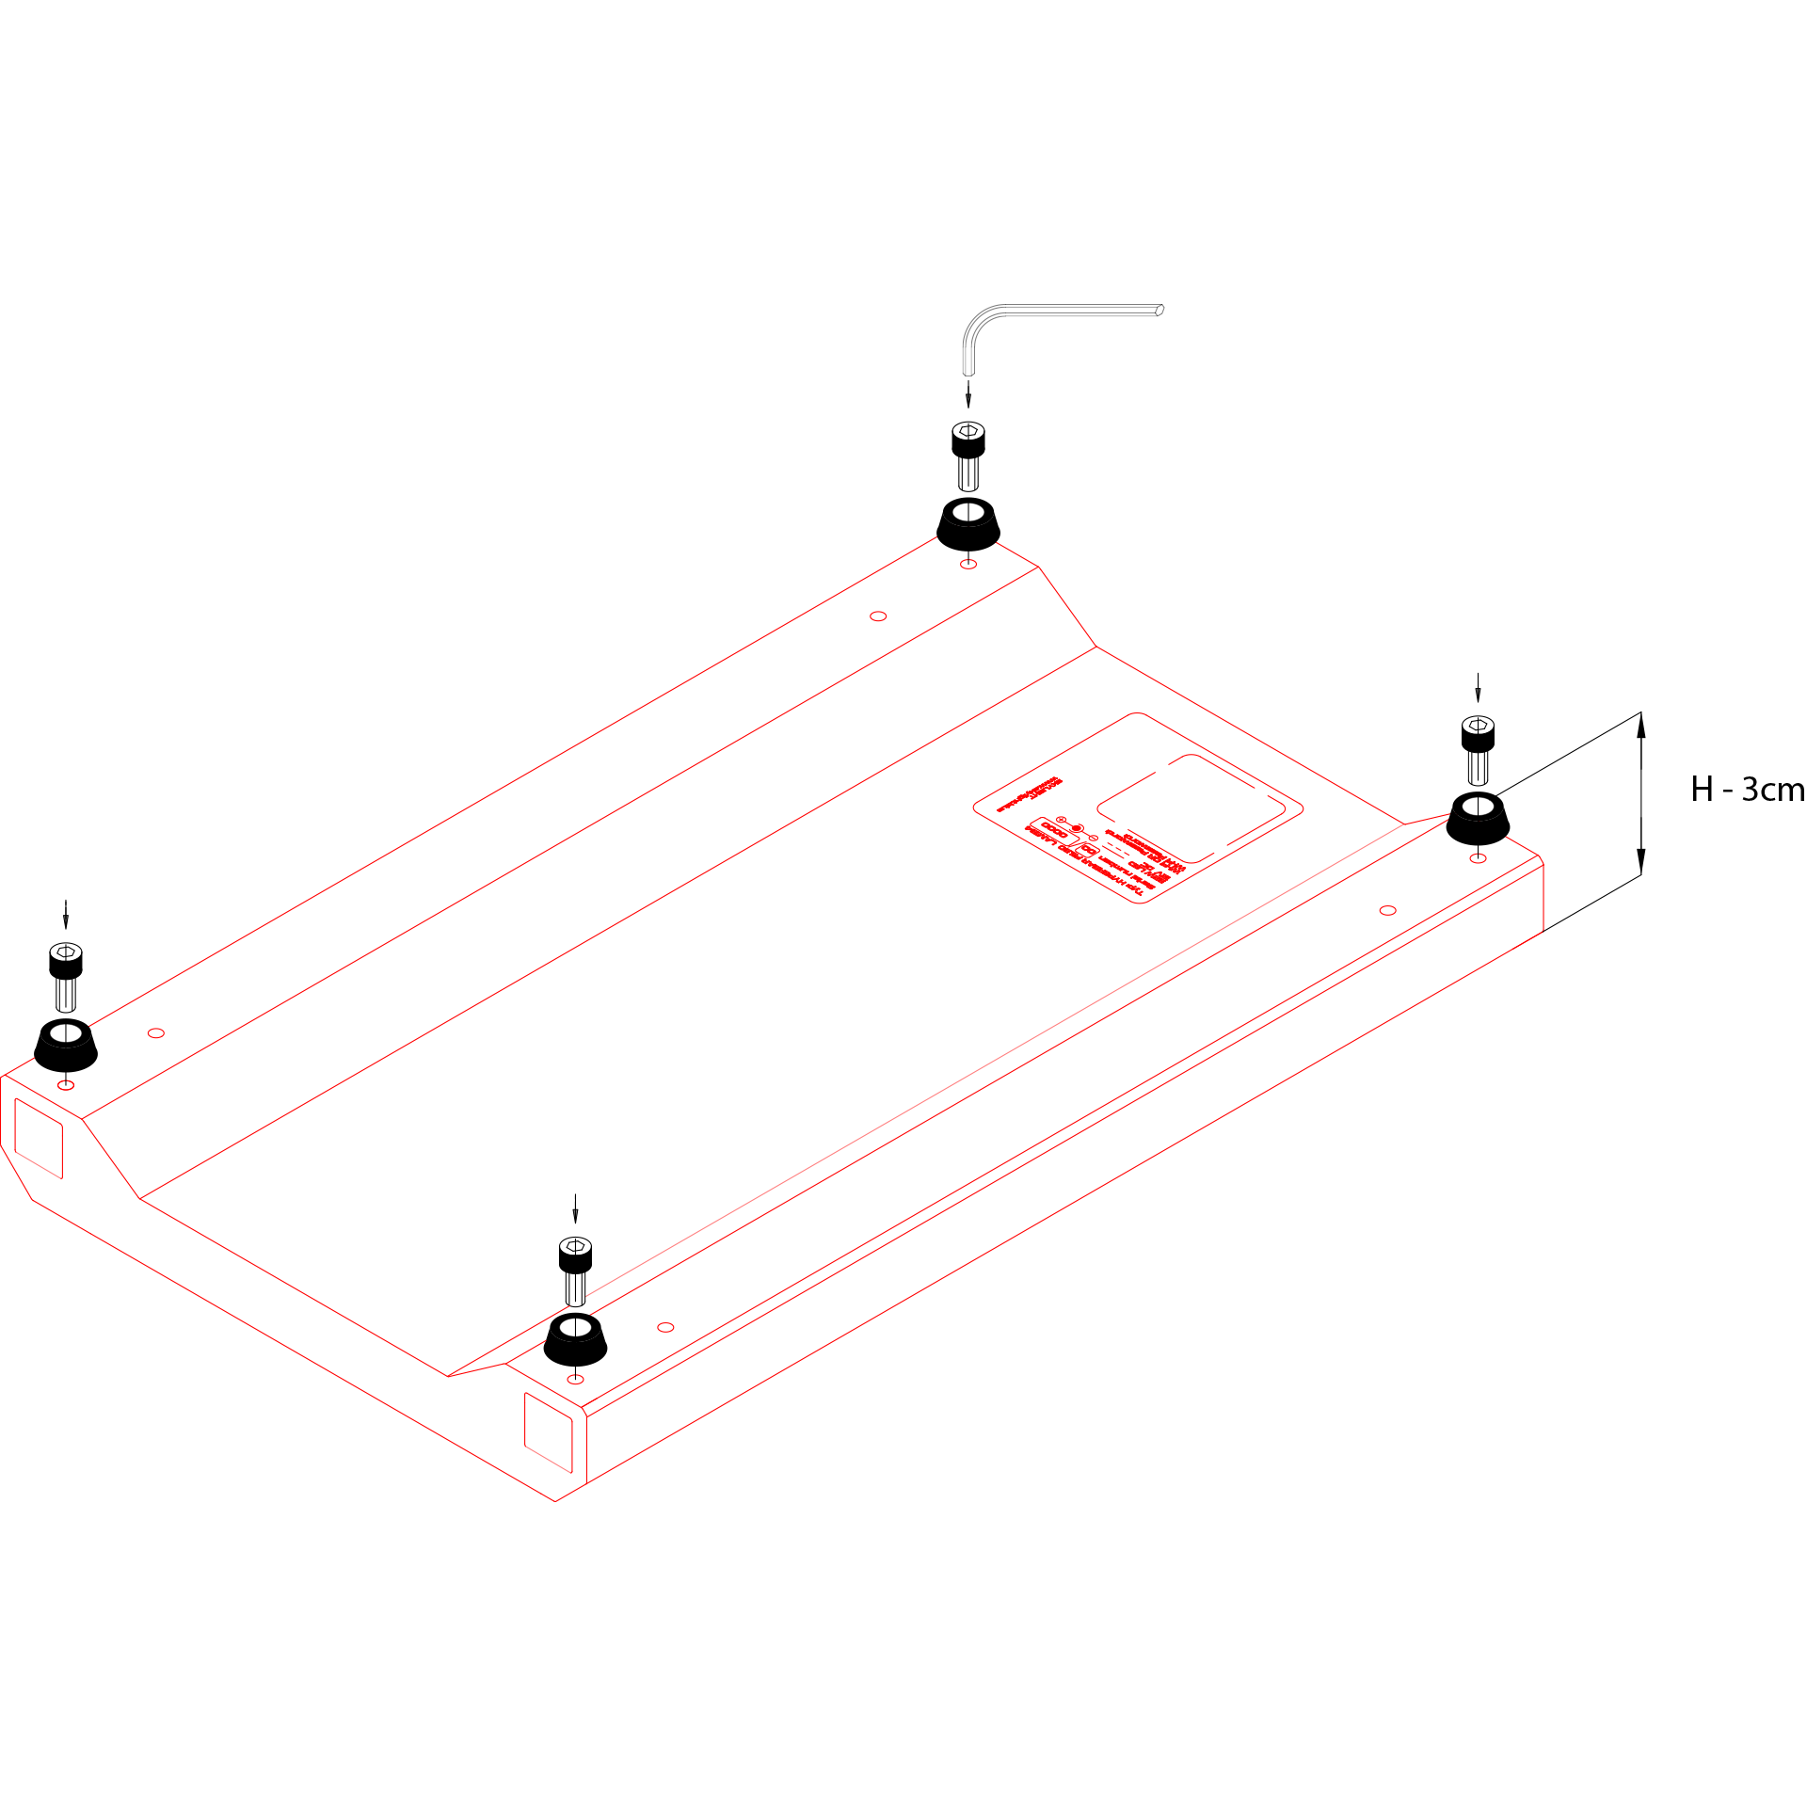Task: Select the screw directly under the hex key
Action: (x=968, y=455)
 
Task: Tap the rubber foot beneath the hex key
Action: (x=968, y=525)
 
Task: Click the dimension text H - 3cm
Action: (x=1747, y=789)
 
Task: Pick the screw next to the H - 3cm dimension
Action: (x=1478, y=749)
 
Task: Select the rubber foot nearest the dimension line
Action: (x=1478, y=819)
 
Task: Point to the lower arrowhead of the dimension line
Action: (x=1640, y=861)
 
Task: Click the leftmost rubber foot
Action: (x=66, y=1046)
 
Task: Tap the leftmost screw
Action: (x=66, y=976)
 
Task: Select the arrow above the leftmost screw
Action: (x=66, y=914)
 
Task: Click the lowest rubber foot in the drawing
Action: (x=575, y=1339)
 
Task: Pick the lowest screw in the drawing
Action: (x=575, y=1270)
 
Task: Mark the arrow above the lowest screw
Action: (x=575, y=1208)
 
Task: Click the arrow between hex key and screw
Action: (x=968, y=393)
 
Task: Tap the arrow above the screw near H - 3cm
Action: (x=1478, y=687)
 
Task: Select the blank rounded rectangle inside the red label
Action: (x=1191, y=808)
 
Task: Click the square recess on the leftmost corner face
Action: (x=39, y=1138)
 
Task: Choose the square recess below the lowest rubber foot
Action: (x=548, y=1432)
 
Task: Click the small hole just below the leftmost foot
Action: (x=66, y=1085)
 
